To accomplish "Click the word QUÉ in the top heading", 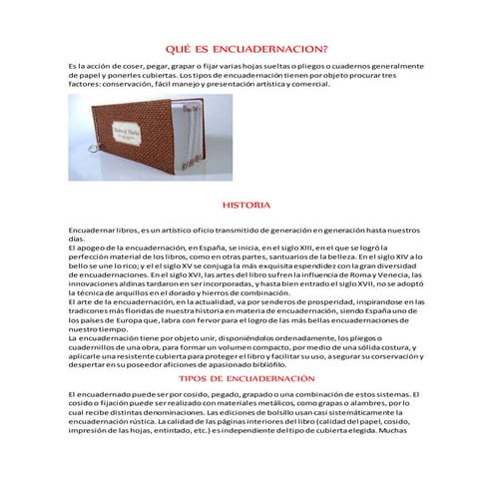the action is click(176, 47).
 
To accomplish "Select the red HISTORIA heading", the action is click(246, 205).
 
